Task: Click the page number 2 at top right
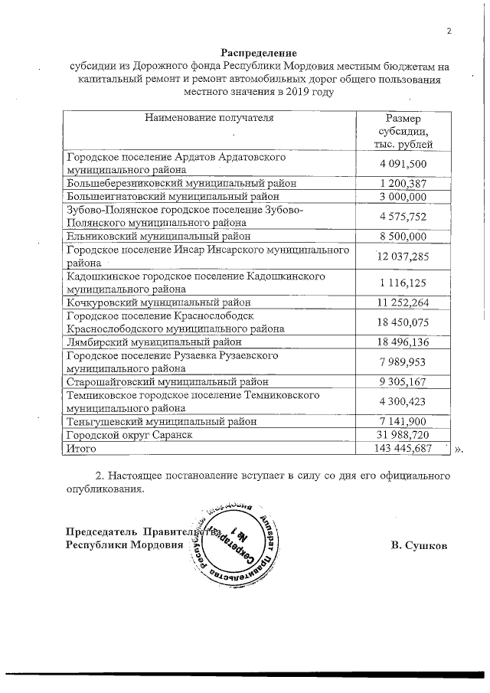pos(449,31)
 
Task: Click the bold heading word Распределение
pos(258,52)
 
